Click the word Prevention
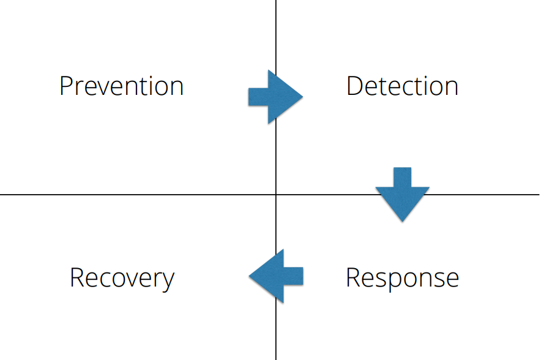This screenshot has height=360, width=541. [x=121, y=86]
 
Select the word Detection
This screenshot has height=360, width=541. [x=402, y=86]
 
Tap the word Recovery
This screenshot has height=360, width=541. [x=122, y=279]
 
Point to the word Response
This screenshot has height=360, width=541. [x=402, y=279]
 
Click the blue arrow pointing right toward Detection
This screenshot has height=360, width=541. [x=275, y=97]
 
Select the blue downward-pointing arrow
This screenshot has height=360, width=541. [x=402, y=194]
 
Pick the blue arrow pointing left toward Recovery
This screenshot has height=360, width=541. [x=276, y=276]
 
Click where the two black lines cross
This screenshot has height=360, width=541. [x=276, y=195]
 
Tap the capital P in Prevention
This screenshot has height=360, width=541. [x=65, y=86]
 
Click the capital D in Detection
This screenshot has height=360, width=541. [x=354, y=86]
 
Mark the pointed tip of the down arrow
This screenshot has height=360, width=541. [x=402, y=222]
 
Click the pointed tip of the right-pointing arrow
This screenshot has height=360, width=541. [x=303, y=97]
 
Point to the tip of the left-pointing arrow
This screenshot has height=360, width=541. [x=249, y=276]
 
